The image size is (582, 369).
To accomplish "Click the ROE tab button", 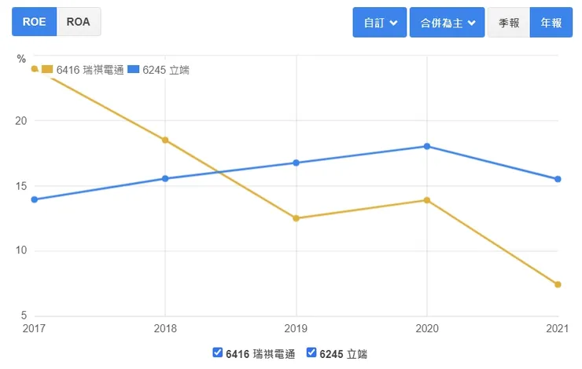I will coord(34,22).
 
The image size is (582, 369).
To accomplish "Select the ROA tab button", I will coord(79,22).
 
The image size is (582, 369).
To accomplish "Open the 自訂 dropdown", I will coord(380,23).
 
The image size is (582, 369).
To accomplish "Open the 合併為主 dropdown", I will coord(447,23).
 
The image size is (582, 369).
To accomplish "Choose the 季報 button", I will coord(509,23).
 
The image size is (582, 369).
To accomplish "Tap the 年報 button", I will coord(551,23).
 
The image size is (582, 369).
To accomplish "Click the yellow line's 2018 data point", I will coord(165,140).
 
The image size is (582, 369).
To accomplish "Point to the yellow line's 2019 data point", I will coord(297,218).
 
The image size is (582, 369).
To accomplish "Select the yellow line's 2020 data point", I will coord(427,200).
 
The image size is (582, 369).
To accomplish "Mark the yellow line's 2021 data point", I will coord(558,284).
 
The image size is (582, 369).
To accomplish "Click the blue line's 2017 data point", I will coord(35,199).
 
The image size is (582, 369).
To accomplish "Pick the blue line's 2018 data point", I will coord(165,178).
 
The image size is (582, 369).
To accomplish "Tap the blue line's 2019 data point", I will coord(297,163).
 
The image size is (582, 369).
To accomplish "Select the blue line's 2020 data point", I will coord(427,146).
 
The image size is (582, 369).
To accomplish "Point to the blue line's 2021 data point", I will coord(558,179).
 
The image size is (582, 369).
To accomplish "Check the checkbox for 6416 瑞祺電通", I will coord(218,353).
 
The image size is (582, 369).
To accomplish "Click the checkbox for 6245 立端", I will coord(311,353).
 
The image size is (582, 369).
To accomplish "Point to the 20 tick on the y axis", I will coord(22,121).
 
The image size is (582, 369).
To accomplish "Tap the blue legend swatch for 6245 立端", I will coord(134,70).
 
